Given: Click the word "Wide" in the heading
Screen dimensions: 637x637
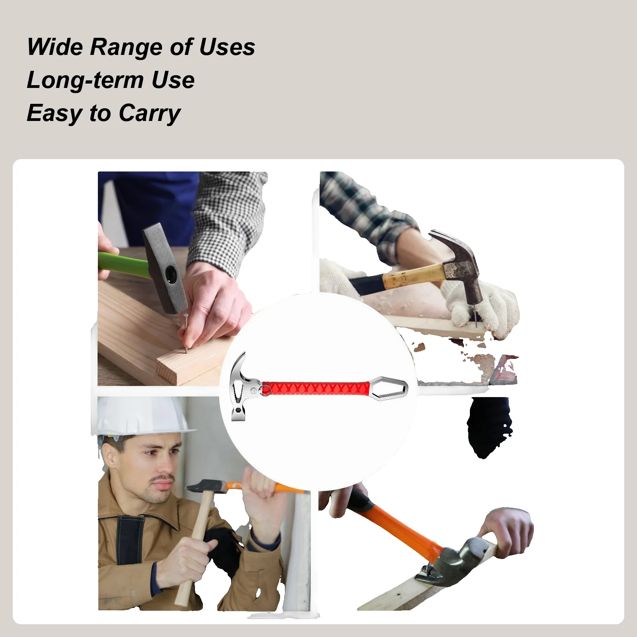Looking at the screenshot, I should tap(55, 47).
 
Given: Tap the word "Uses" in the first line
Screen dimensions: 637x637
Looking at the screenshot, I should tap(227, 47).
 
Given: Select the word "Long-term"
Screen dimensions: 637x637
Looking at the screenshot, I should tap(85, 80).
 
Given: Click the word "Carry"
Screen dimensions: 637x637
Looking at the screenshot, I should tap(149, 113).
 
